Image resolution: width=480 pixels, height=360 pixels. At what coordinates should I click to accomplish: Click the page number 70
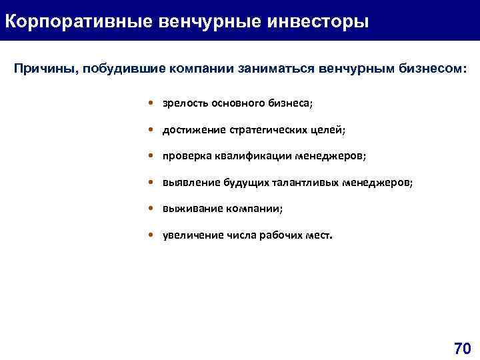pyautogui.click(x=462, y=348)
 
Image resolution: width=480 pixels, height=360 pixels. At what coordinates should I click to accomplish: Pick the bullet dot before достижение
pyautogui.click(x=153, y=130)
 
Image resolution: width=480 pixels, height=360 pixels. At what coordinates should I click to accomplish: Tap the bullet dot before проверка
pyautogui.click(x=153, y=156)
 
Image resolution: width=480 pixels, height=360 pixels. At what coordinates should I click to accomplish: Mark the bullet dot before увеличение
pyautogui.click(x=153, y=235)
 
